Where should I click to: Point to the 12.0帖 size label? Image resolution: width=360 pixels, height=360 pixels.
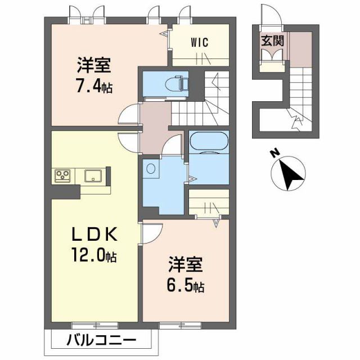[94, 256]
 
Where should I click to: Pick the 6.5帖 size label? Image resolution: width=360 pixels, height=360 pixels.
[182, 287]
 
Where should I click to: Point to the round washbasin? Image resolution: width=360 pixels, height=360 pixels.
[150, 168]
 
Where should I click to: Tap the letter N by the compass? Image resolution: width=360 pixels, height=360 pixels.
[274, 151]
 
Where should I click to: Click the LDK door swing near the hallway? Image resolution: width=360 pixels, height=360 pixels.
[129, 142]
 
